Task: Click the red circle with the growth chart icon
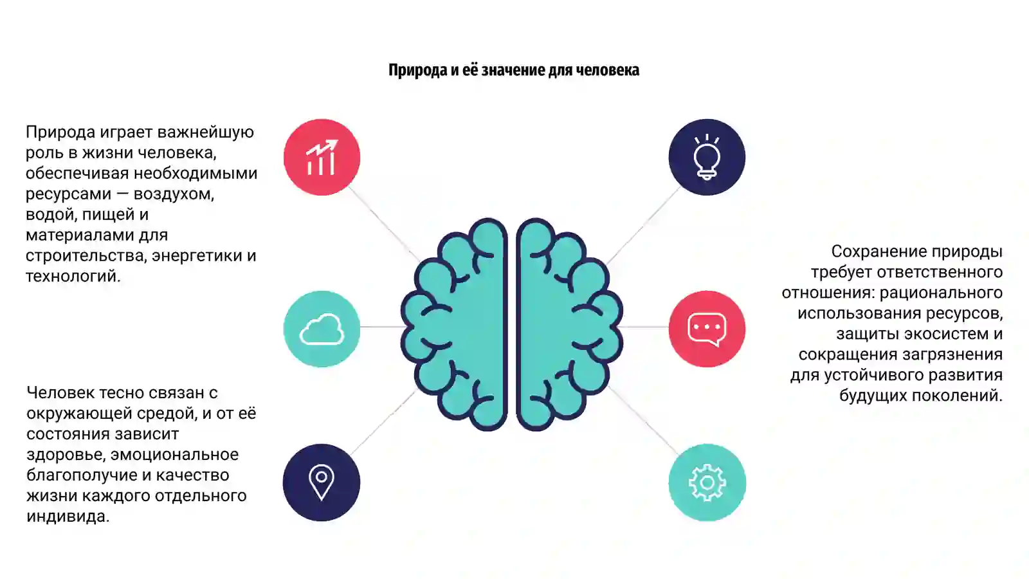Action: [322, 157]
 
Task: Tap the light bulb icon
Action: [707, 157]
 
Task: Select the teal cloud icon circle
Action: [322, 329]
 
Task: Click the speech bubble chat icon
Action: [707, 329]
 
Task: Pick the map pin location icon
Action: [322, 482]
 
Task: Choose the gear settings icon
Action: [707, 482]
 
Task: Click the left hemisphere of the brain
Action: [454, 324]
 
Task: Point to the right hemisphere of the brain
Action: [570, 324]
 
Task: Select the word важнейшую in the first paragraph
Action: [205, 133]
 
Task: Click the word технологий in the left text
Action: [73, 276]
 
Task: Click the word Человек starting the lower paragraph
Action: [60, 393]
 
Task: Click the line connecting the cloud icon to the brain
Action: [382, 327]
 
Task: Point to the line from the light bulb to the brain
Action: [643, 226]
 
